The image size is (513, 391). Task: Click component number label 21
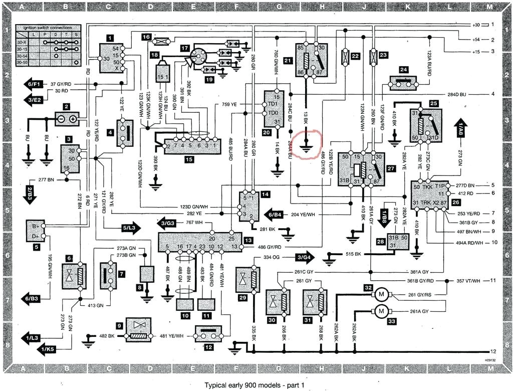tap(288, 61)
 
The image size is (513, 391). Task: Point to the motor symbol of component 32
tap(380, 294)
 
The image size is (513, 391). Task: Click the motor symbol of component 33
tap(380, 311)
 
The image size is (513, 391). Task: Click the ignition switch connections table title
tap(44, 28)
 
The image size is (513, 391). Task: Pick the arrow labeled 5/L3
tap(128, 227)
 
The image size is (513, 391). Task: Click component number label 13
tap(248, 240)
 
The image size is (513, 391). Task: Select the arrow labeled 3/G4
tap(305, 257)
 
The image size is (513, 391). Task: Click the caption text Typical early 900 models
tap(254, 385)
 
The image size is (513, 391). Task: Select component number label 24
tap(404, 70)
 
